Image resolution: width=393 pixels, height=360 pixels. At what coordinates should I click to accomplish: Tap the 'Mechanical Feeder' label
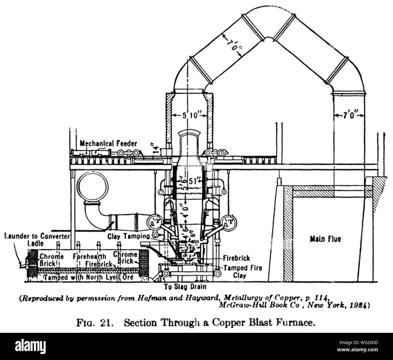click(x=108, y=143)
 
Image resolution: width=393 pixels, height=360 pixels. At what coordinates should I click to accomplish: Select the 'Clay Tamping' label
click(x=128, y=236)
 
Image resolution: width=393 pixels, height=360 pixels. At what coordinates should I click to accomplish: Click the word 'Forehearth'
click(x=89, y=256)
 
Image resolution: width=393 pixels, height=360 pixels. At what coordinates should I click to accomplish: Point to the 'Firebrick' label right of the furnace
click(x=236, y=258)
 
